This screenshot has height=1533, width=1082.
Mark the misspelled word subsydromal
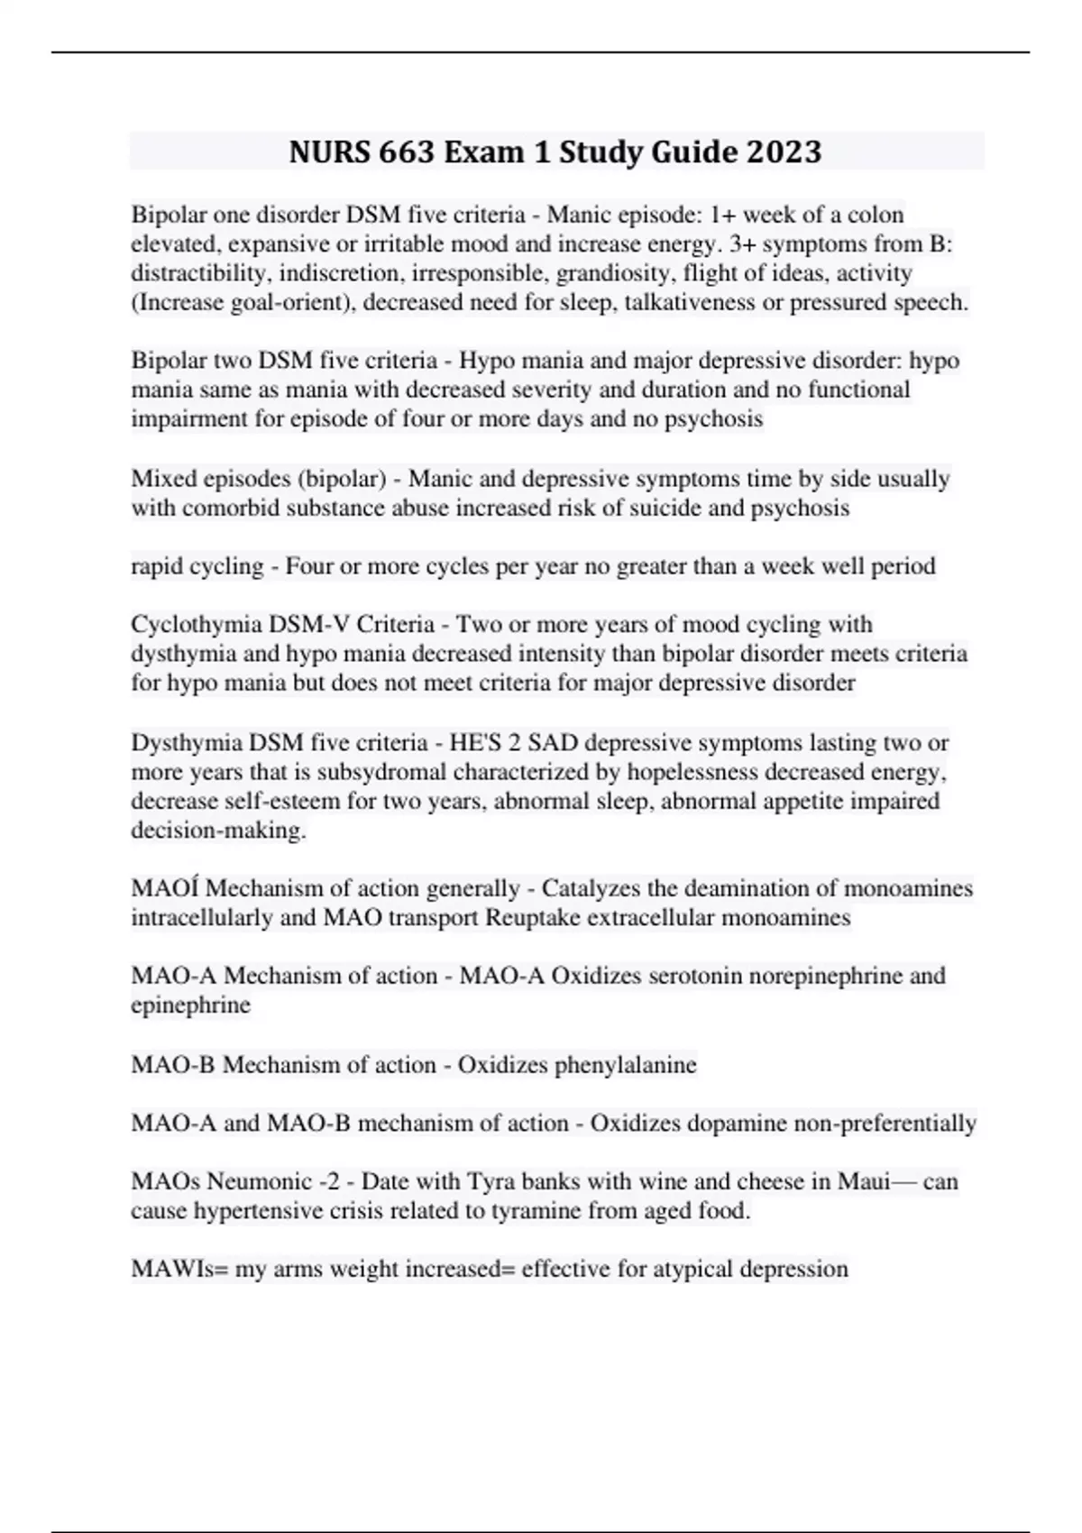tap(384, 772)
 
